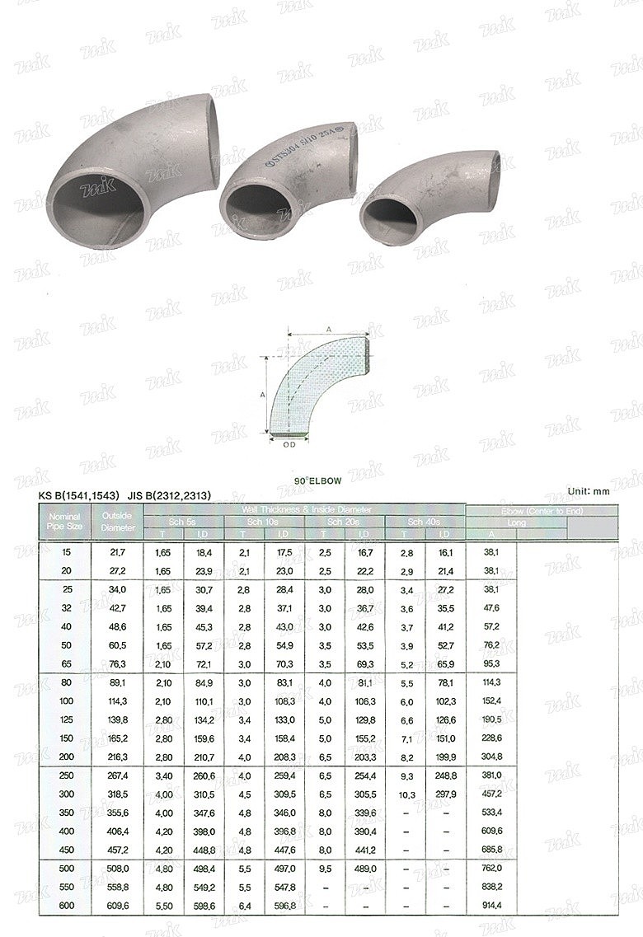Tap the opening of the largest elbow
point(95,206)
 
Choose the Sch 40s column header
point(425,522)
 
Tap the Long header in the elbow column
point(516,522)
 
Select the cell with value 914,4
point(491,906)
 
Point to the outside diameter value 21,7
point(117,550)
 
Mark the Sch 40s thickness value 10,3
point(406,794)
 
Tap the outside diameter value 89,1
point(117,682)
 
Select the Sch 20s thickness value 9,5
point(326,868)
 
